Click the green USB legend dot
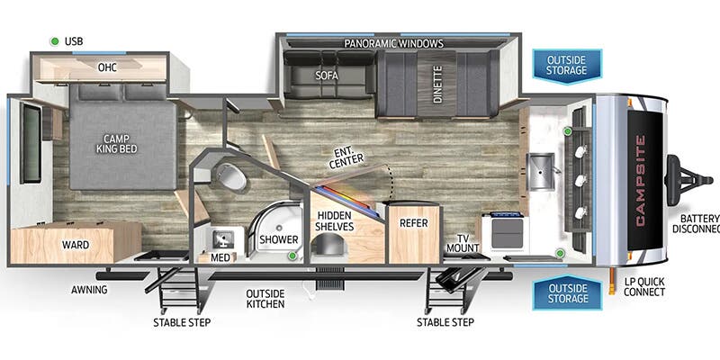coord(55,41)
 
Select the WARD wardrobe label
coord(76,244)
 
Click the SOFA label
coord(326,76)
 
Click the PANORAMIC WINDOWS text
coord(393,43)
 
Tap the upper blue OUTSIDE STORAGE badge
coord(567,65)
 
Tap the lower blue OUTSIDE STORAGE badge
coord(567,293)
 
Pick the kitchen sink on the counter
coord(541,170)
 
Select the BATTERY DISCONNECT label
coord(697,223)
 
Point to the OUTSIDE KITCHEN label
coord(266,299)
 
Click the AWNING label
coord(90,289)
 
